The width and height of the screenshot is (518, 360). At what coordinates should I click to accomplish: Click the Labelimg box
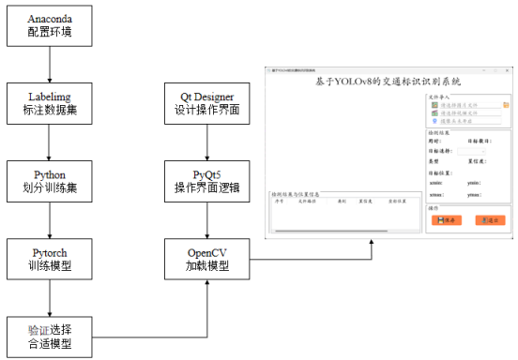click(49, 104)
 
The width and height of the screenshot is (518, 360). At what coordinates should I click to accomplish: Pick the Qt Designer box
click(206, 104)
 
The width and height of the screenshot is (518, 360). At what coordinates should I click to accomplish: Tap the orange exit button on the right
click(489, 220)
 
